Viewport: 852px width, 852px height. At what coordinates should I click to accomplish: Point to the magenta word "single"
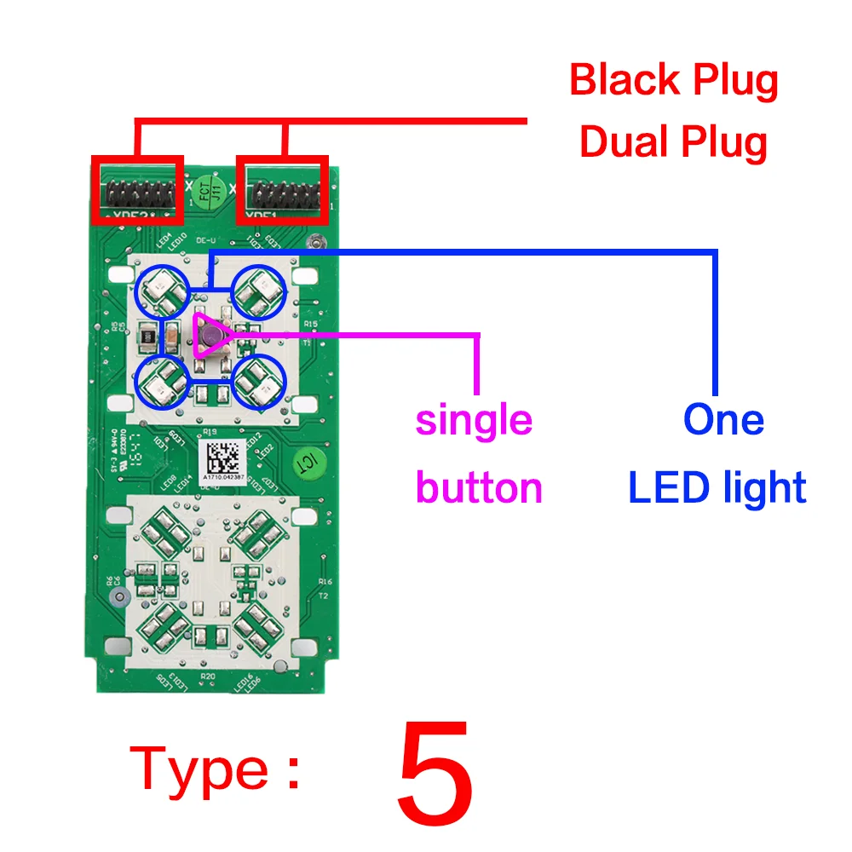(x=474, y=420)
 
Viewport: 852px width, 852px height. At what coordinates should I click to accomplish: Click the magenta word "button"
(x=479, y=488)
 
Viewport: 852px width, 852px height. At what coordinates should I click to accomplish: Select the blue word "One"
(x=723, y=420)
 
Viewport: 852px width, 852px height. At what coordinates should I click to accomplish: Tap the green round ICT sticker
(x=304, y=463)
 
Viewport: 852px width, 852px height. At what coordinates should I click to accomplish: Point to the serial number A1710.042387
(x=224, y=480)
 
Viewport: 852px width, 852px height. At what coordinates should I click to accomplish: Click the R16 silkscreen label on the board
(x=324, y=581)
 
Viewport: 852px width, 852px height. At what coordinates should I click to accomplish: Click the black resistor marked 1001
(x=147, y=338)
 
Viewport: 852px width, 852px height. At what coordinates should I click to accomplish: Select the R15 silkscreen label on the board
(x=310, y=325)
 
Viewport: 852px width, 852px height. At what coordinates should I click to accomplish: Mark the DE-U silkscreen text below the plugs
(x=204, y=241)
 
